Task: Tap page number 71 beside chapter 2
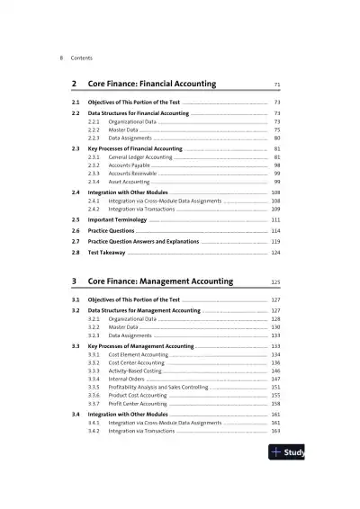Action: (x=276, y=85)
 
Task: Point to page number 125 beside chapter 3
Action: (x=275, y=281)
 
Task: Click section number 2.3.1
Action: (x=94, y=157)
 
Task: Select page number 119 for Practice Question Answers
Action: (x=275, y=242)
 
